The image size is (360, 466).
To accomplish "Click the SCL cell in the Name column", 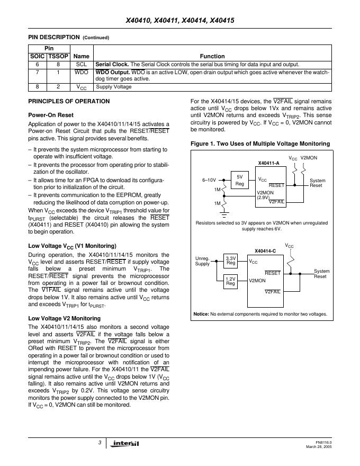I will click(81, 64).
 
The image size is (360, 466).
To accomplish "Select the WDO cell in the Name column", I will click(81, 72).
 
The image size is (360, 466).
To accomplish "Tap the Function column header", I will click(212, 56).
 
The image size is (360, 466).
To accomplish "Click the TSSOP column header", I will click(58, 56).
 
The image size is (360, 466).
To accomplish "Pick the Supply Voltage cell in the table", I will click(114, 87).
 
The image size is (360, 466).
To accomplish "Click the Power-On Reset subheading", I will click(50, 115).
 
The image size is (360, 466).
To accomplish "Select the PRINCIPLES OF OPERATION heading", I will click(69, 101).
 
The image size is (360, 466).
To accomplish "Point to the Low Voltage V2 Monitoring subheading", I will click(64, 318).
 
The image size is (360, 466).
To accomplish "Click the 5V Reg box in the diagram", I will click(239, 181).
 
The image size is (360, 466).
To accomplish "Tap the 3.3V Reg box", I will click(231, 261).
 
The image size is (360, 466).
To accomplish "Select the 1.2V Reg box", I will click(231, 281).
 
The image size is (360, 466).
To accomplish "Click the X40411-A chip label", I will click(268, 164).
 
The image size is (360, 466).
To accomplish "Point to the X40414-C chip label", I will click(265, 250).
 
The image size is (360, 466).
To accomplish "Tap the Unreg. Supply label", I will click(202, 261).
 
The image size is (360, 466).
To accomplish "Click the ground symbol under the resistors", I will click(224, 214).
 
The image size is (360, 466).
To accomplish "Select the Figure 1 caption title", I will click(260, 144).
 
